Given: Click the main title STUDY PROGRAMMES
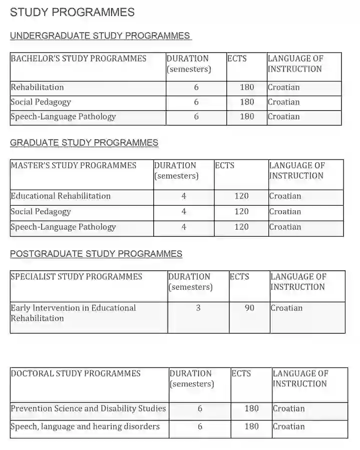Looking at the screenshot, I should [x=72, y=12].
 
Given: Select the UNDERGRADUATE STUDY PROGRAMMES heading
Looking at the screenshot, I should [x=100, y=36].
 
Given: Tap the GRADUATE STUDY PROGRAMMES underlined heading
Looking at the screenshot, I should [x=84, y=143].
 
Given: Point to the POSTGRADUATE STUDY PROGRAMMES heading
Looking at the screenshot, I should [x=96, y=254].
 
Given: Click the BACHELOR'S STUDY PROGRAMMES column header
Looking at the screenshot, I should [x=79, y=59].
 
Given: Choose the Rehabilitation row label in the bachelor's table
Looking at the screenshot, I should [x=38, y=87].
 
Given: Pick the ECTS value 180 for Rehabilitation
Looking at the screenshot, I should [x=247, y=87].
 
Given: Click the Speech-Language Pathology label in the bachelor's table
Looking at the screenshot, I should [x=63, y=117].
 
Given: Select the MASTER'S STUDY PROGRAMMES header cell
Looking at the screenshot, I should [x=74, y=165].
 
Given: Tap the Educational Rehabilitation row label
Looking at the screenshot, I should [x=61, y=196].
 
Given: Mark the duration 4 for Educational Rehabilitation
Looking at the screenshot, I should [x=184, y=196].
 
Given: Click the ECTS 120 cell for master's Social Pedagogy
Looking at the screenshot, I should [x=241, y=211].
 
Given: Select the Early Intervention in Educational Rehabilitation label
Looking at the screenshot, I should [x=73, y=313].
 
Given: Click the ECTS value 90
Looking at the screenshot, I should [x=249, y=308].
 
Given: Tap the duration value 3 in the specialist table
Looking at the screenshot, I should [x=198, y=308].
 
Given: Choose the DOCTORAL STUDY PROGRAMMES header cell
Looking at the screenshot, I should [x=76, y=373].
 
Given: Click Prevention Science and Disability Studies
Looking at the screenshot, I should [x=88, y=408].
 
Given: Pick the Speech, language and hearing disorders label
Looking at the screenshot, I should [x=85, y=426].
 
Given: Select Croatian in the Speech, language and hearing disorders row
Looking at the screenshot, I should [x=288, y=426].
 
